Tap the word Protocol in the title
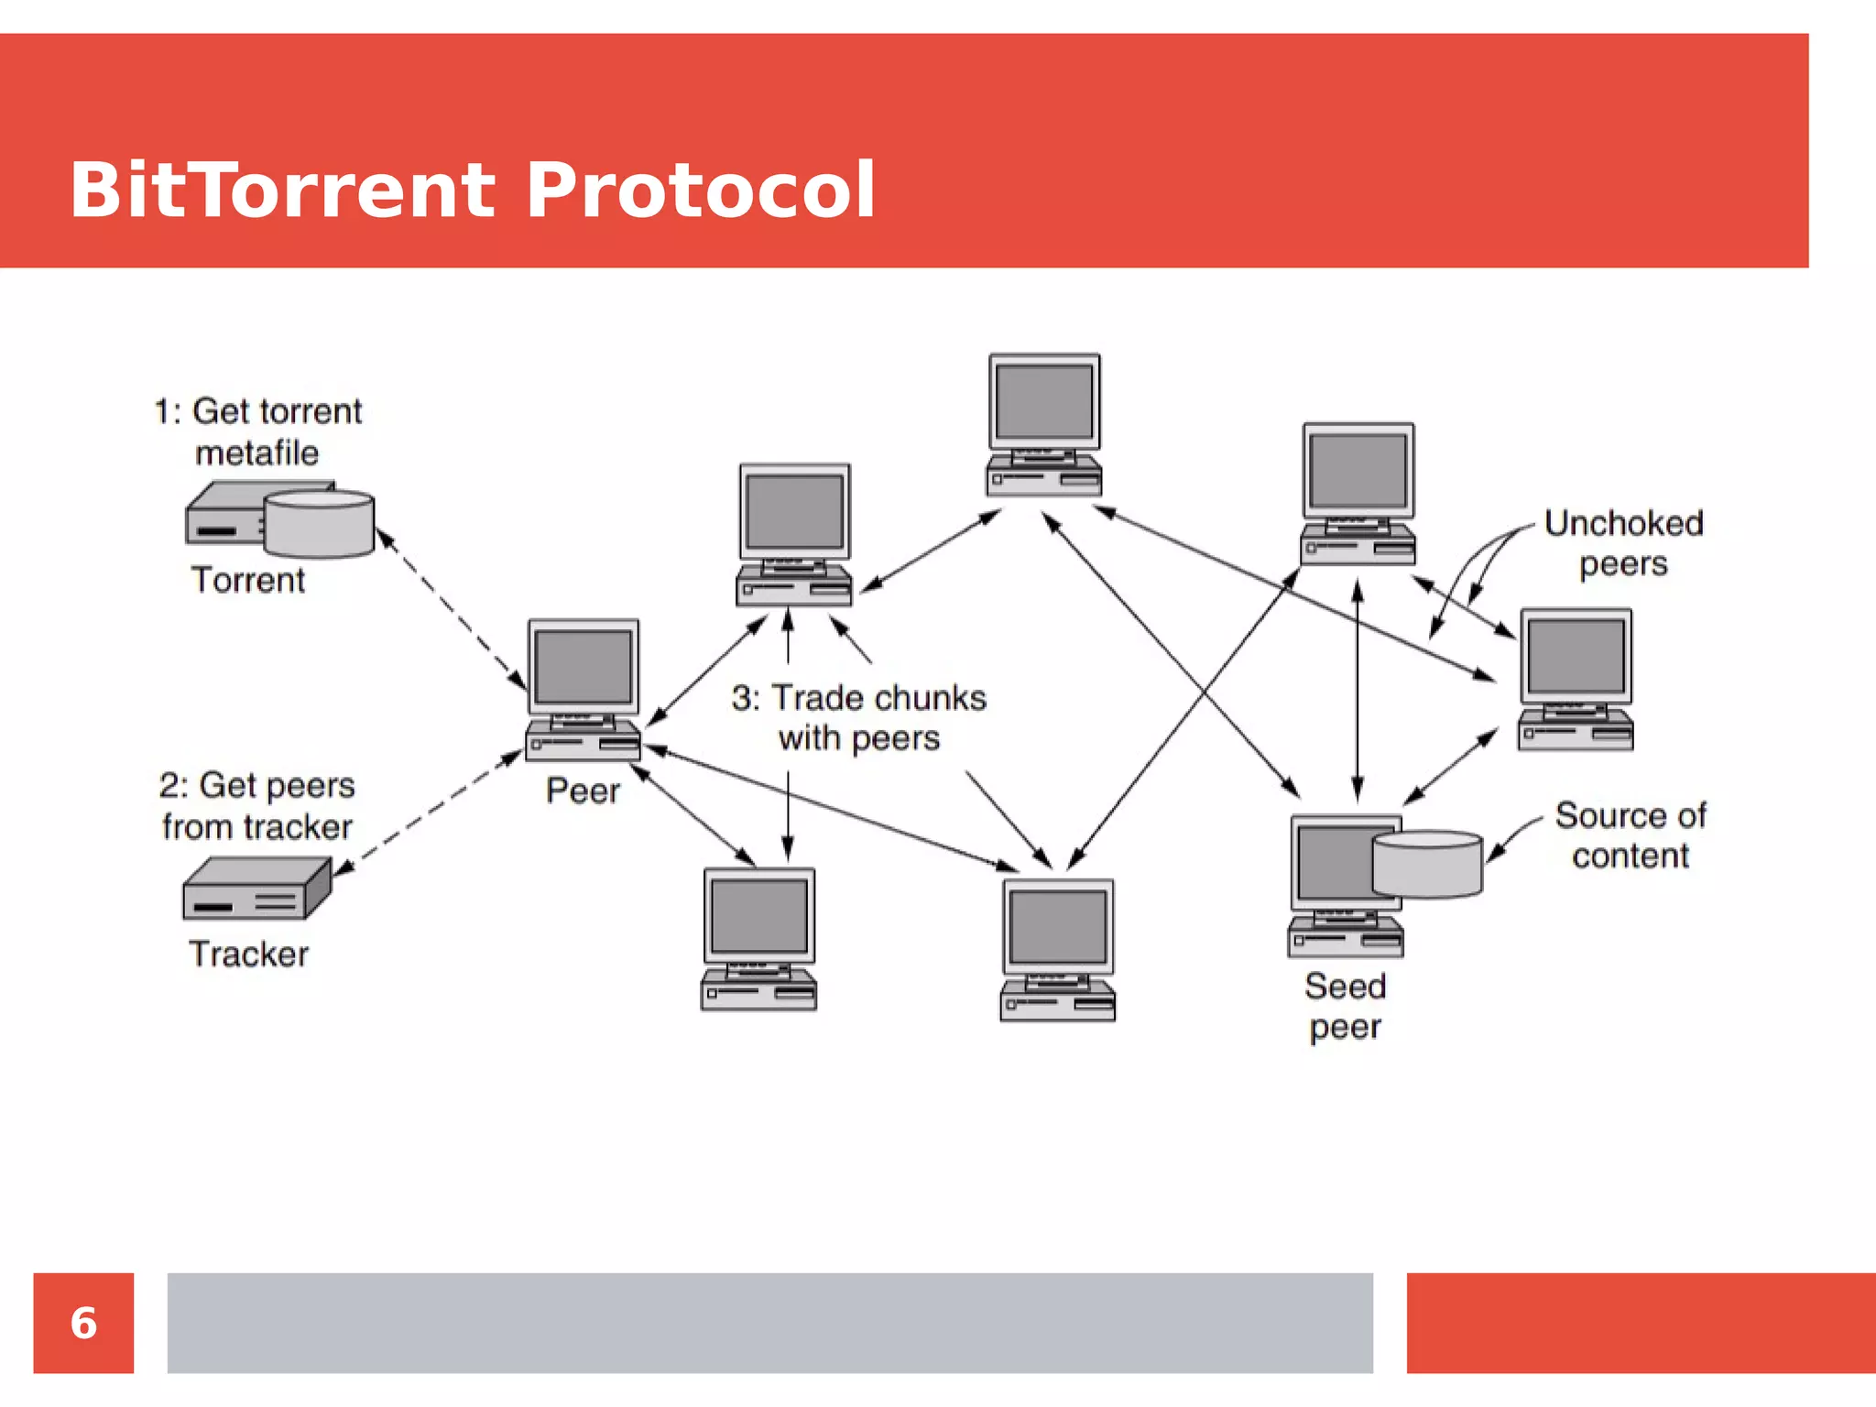tap(701, 191)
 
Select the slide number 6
tap(83, 1323)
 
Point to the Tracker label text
tap(248, 954)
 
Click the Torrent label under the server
tap(247, 580)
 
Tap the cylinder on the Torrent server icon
tap(319, 524)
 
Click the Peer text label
tap(583, 791)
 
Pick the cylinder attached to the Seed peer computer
tap(1426, 863)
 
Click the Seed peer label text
tap(1345, 1006)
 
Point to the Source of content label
tap(1631, 834)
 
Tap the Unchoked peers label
tap(1623, 543)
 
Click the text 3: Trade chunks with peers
tap(858, 717)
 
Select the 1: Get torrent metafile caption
tap(257, 431)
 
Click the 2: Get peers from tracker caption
tap(257, 805)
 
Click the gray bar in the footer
tap(769, 1323)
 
